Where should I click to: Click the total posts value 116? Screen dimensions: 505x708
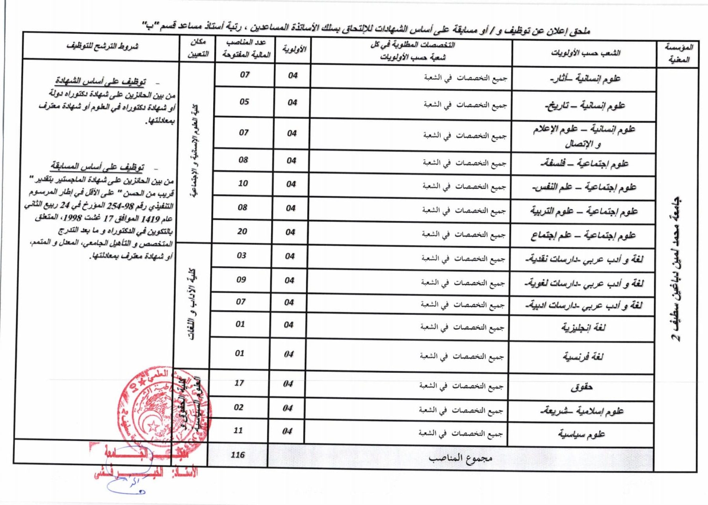pos(238,455)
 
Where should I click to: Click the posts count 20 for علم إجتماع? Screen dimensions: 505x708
pos(242,232)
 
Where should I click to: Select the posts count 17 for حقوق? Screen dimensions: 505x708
pos(239,383)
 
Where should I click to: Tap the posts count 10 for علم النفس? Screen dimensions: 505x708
pos(243,183)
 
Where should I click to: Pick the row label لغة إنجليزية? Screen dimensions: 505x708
pos(583,328)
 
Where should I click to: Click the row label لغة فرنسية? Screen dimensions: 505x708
pos(583,357)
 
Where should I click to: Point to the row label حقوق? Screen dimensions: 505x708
pos(582,388)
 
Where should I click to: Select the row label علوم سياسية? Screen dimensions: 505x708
pos(581,434)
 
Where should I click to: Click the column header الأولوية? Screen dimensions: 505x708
pos(294,49)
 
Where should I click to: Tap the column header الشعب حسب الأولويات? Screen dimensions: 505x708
pos(585,53)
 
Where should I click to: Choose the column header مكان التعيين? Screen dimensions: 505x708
pos(198,48)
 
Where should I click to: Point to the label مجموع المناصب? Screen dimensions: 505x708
pos(461,458)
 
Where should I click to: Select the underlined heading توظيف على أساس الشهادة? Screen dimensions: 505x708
pos(100,81)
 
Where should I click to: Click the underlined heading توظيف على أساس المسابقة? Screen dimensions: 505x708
pos(97,167)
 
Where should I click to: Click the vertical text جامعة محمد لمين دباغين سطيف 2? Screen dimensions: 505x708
pos(677,268)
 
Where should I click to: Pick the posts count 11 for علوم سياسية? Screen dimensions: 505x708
pos(238,430)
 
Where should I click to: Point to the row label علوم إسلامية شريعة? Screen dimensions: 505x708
pos(582,411)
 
